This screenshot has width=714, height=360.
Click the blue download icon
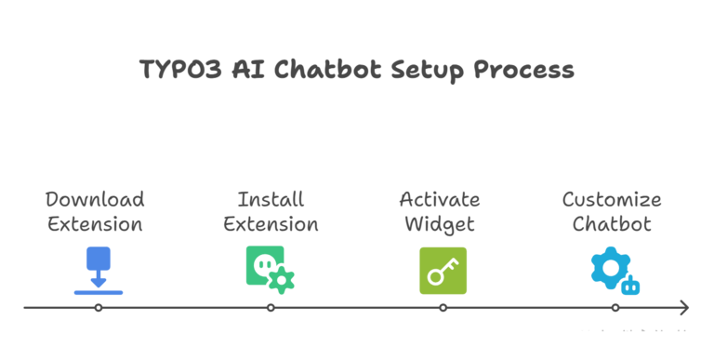point(98,271)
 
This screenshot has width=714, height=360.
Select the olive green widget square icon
point(443,271)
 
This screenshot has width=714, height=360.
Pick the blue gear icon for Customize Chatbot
point(614,271)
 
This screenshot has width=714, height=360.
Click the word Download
point(95,199)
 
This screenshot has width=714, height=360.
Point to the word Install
point(271,199)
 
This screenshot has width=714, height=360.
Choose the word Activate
point(440,199)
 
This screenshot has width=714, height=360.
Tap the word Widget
point(440,224)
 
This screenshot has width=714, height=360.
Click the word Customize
point(612,199)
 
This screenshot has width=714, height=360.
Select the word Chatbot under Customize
point(612,224)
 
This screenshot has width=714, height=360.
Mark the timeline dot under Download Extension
point(98,307)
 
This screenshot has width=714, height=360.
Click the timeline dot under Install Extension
point(271,307)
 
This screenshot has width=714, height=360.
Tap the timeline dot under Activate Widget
point(443,307)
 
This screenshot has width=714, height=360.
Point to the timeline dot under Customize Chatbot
point(615,307)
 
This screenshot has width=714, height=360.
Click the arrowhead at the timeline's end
point(684,307)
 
